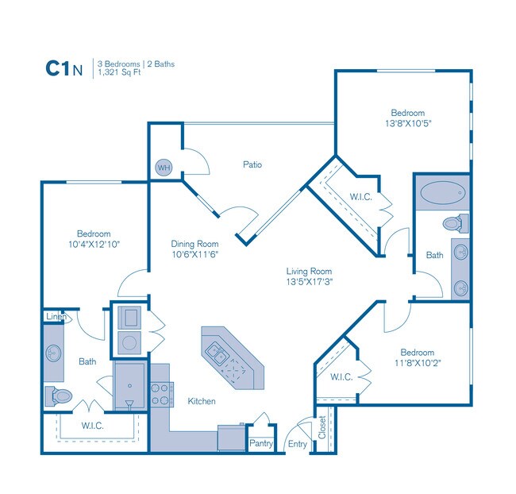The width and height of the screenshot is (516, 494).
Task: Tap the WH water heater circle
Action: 164,168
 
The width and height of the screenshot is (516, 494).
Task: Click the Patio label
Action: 252,165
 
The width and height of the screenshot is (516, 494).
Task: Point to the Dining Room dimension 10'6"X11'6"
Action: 194,256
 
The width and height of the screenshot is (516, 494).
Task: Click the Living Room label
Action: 309,271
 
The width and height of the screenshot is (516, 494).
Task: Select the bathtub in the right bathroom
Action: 443,193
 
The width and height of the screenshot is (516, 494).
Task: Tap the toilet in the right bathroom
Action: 455,223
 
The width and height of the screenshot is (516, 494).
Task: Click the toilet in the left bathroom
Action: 60,395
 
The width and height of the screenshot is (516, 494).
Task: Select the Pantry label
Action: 261,444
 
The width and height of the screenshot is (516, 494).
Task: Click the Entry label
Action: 297,445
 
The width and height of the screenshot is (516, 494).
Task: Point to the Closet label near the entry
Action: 322,428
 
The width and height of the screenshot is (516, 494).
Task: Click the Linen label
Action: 55,317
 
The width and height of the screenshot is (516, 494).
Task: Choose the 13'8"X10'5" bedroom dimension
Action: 407,124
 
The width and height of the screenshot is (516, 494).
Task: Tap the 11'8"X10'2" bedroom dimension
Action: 417,364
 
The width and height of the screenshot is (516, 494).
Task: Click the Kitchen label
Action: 202,401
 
